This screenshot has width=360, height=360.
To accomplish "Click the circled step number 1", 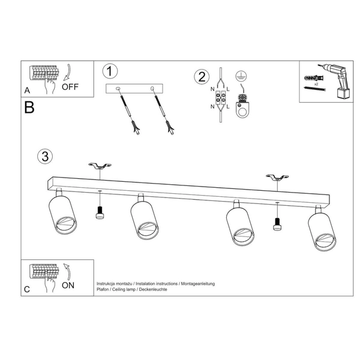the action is point(110,71).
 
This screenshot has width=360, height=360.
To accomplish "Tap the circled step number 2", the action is point(202,77).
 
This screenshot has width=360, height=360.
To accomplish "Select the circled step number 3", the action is point(45,157).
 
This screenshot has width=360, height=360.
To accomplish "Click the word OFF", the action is point(70,87).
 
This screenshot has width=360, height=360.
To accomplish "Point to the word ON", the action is point(68,286).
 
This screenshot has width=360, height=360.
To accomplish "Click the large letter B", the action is point(29,107).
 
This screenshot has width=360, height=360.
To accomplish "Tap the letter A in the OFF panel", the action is point(27,91).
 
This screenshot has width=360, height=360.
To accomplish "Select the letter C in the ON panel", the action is point(27,289).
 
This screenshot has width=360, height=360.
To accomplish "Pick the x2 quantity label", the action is point(316,84).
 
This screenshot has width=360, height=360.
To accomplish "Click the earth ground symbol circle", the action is point(241,76).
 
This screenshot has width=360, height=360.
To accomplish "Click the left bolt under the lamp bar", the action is point(100,212).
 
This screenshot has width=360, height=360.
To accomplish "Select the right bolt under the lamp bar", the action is point(277,224).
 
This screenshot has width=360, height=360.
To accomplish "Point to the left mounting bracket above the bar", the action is point(100,166).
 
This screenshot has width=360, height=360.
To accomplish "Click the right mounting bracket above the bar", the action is point(277,177).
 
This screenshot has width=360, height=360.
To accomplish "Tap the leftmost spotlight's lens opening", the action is point(66,224).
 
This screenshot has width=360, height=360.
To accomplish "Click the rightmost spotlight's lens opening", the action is point(325,242).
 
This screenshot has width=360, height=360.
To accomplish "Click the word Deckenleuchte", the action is point(153,289).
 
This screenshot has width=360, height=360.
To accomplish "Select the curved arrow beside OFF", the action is point(67,73).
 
